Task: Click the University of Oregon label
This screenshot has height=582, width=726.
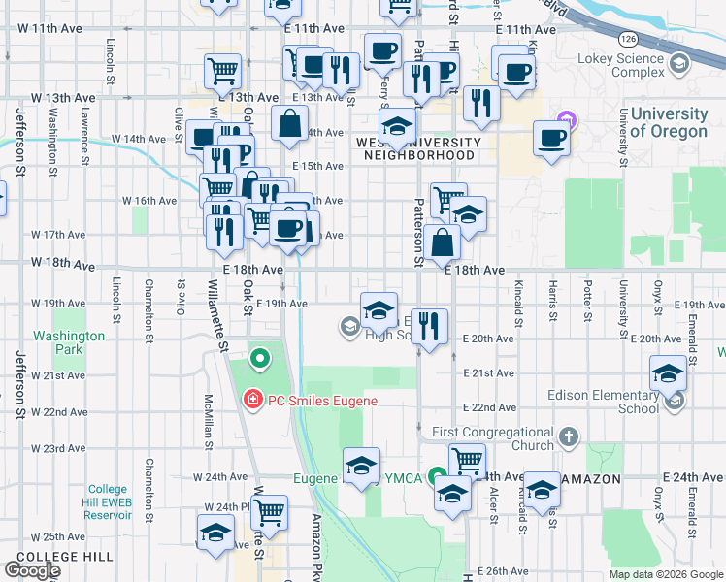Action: coord(669,123)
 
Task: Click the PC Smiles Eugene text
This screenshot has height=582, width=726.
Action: coord(322,400)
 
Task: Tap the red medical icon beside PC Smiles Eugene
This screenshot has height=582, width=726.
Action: coord(252,399)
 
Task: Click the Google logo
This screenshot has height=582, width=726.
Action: coord(32,570)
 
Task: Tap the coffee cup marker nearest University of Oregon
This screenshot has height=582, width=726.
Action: coord(552,138)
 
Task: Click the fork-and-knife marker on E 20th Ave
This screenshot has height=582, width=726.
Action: coord(429,326)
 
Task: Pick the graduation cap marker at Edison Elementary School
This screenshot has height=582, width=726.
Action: coord(669,373)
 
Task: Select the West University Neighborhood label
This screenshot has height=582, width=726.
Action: coord(418,148)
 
